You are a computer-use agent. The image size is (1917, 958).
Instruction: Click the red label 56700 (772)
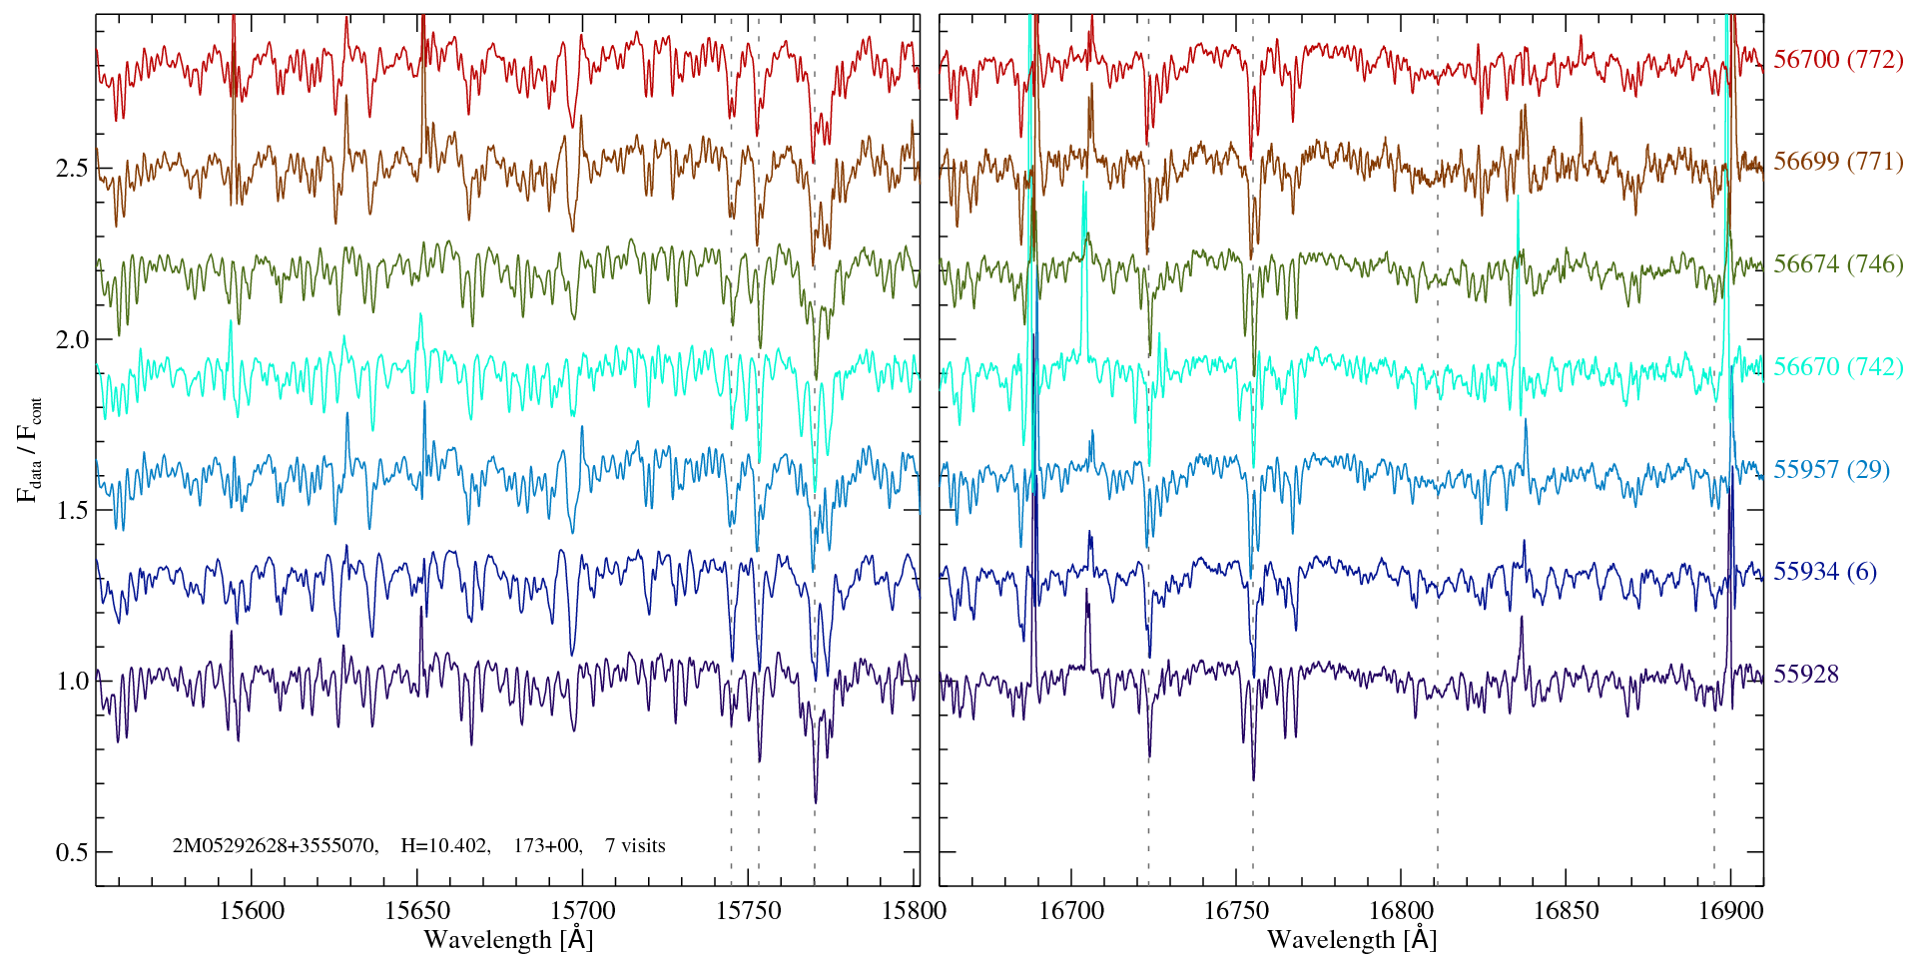tap(1838, 59)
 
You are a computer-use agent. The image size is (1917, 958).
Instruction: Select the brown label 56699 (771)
tap(1838, 162)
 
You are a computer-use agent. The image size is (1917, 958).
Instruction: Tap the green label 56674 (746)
tap(1838, 264)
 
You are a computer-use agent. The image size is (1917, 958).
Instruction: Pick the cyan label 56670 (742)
tap(1838, 367)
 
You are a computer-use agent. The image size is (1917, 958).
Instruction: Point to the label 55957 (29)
tap(1831, 470)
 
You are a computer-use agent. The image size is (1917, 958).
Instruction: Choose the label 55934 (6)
tap(1824, 572)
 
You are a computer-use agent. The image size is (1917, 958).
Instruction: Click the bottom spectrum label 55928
tap(1805, 675)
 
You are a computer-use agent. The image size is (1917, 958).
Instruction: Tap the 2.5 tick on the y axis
tap(72, 168)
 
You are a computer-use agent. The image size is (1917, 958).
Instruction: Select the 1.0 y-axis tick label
tap(72, 682)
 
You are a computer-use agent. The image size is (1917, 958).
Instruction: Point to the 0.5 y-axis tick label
tap(72, 853)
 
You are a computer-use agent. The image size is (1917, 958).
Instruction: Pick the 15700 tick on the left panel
tap(583, 910)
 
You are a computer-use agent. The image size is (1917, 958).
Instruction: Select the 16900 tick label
tap(1730, 910)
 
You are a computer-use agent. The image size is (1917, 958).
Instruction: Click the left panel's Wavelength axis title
tap(508, 940)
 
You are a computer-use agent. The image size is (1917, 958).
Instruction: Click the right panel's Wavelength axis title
tap(1352, 940)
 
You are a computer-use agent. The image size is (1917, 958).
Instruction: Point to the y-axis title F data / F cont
tap(30, 449)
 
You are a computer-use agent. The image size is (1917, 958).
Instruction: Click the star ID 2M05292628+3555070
tap(275, 846)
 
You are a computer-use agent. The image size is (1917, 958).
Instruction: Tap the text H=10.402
tap(444, 846)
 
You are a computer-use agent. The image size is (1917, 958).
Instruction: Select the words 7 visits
tap(635, 846)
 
